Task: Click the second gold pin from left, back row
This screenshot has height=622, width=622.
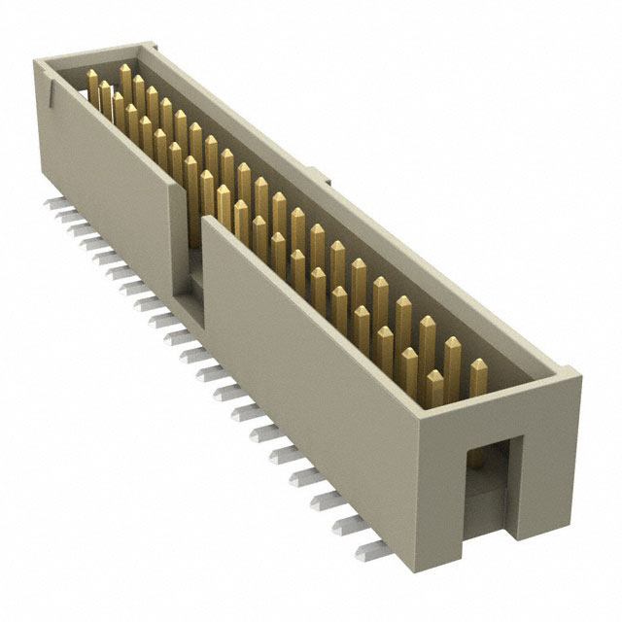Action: click(139, 91)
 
